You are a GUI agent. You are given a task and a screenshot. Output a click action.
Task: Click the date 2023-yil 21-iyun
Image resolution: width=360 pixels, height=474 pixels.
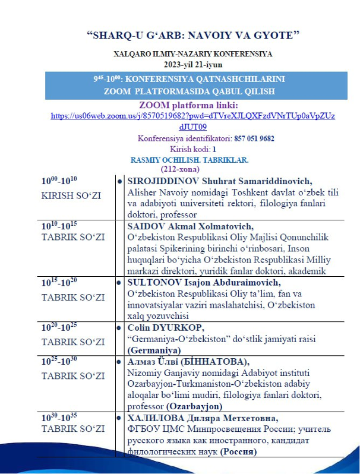click(x=193, y=64)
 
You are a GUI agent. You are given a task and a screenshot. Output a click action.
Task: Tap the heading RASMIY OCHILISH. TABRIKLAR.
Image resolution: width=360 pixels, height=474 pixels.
click(x=189, y=160)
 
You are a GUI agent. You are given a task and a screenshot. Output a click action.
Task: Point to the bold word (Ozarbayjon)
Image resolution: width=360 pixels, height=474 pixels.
click(x=195, y=406)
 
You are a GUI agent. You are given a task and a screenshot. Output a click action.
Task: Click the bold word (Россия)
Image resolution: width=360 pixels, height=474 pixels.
click(x=239, y=451)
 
